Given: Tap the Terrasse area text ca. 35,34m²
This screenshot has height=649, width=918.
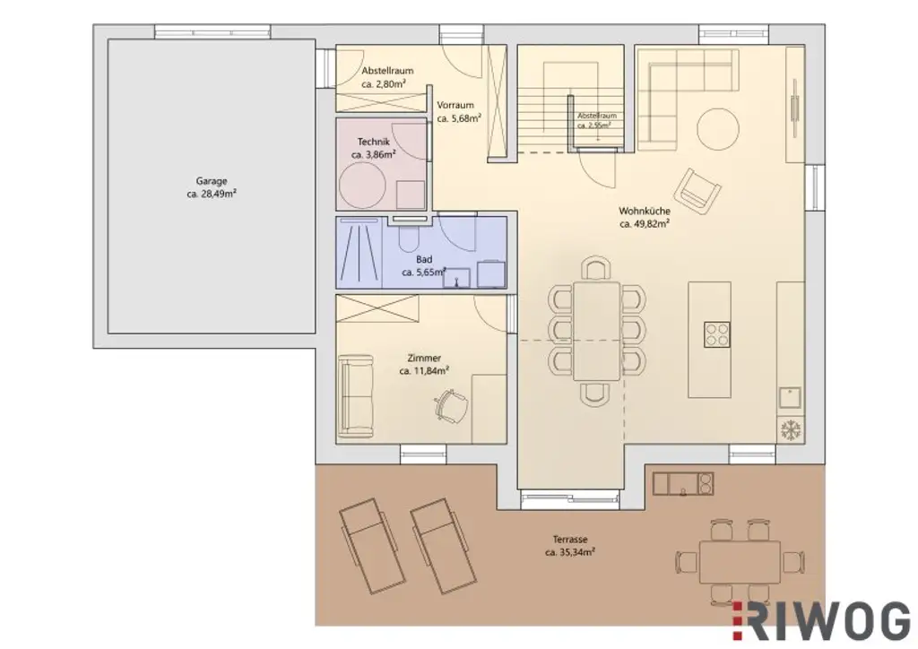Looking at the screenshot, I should click(x=569, y=553).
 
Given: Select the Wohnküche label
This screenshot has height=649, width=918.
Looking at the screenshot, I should click(x=644, y=212).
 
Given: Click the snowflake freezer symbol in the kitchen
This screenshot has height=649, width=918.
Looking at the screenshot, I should click(x=789, y=428).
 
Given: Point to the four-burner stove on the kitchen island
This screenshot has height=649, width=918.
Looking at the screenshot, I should click(x=716, y=333).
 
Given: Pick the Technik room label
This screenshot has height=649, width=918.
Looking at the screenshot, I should click(x=373, y=142).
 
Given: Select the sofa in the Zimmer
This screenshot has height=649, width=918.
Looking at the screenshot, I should click(x=355, y=396).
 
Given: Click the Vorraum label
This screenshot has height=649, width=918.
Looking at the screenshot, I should click(x=455, y=105).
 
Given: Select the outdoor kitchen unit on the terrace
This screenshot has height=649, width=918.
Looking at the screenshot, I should click(x=683, y=484).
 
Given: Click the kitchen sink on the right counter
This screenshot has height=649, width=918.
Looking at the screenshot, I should click(x=789, y=395).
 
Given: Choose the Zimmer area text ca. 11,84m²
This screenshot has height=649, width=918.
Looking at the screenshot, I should click(x=423, y=370).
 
